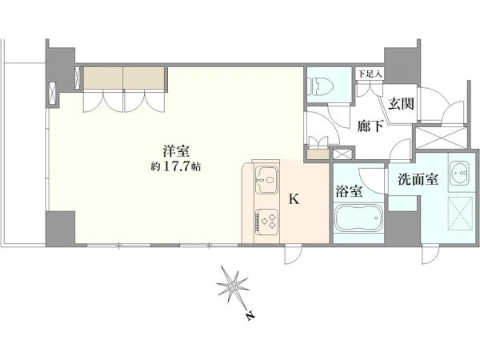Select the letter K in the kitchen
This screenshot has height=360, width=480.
coord(294,200)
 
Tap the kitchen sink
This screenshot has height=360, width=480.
coord(265,181)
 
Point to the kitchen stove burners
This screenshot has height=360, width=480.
coord(266,218)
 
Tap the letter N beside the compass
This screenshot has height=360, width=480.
coord(250,318)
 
